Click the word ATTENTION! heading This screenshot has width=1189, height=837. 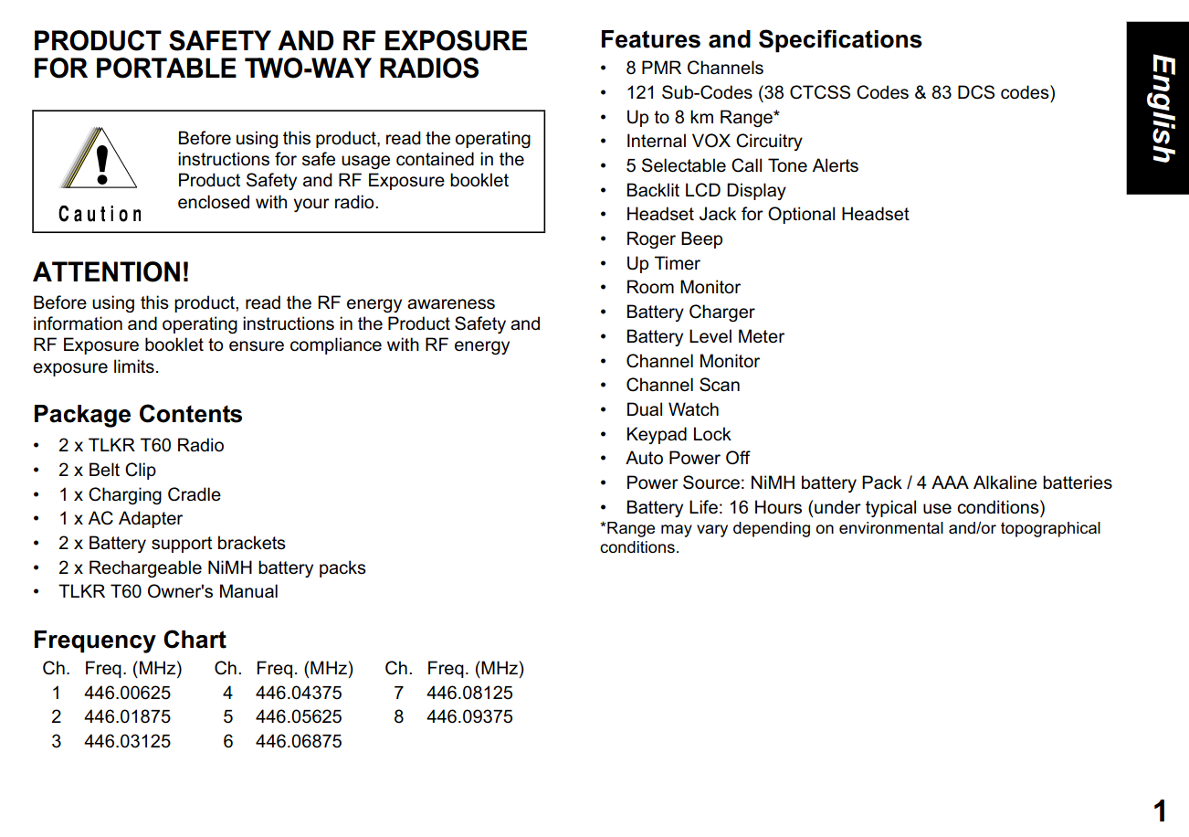click(x=111, y=272)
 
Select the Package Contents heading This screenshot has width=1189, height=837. click(x=138, y=414)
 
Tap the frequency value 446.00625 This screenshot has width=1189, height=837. click(x=127, y=693)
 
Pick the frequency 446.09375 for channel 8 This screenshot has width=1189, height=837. click(x=469, y=716)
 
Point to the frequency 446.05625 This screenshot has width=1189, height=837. click(x=299, y=716)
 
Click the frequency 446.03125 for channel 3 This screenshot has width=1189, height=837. click(x=127, y=741)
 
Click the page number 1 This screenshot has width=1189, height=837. click(x=1160, y=811)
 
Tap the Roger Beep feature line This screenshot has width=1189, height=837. click(x=674, y=238)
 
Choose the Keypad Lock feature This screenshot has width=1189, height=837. click(x=679, y=434)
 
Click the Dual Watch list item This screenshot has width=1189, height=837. click(x=672, y=409)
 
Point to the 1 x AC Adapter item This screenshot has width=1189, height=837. click(x=121, y=518)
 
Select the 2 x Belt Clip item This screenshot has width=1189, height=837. click(x=107, y=470)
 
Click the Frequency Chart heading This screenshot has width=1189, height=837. click(x=130, y=640)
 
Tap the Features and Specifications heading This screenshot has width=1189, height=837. click(x=761, y=40)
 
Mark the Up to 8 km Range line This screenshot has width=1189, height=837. click(x=702, y=117)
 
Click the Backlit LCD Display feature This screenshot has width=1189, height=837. click(x=705, y=190)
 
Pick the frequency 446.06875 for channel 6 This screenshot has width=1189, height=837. click(x=299, y=741)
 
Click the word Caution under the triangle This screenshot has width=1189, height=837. click(x=100, y=215)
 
